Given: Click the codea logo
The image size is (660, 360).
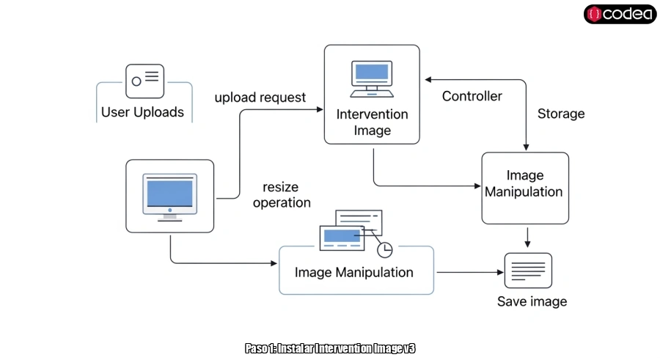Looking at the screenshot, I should (620, 14).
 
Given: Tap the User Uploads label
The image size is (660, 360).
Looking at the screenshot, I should (142, 113).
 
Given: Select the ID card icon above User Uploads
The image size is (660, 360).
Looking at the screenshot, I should (144, 81).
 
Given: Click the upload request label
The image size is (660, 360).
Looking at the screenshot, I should (260, 98).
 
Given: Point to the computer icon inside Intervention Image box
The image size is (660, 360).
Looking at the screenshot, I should (372, 79).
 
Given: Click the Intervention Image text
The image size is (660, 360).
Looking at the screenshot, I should (372, 122).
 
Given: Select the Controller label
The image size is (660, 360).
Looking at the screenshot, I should (472, 96).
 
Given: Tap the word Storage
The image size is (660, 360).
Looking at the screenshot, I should (561, 114).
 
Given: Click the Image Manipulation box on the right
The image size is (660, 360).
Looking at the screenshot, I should (524, 188).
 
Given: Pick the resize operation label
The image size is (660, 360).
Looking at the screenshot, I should (282, 195).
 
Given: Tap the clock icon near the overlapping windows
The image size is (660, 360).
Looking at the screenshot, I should (385, 249).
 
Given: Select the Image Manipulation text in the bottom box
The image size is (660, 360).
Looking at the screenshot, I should (354, 272).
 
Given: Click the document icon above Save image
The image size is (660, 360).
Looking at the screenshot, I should (528, 271).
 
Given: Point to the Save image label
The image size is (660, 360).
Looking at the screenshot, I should (532, 301).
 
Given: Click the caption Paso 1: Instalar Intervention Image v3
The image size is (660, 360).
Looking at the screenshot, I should (330, 348).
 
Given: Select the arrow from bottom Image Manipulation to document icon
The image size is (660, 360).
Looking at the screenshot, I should (469, 272).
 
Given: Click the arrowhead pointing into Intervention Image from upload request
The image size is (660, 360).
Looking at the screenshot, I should (320, 109).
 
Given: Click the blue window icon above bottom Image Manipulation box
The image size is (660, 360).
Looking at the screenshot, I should (342, 236).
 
